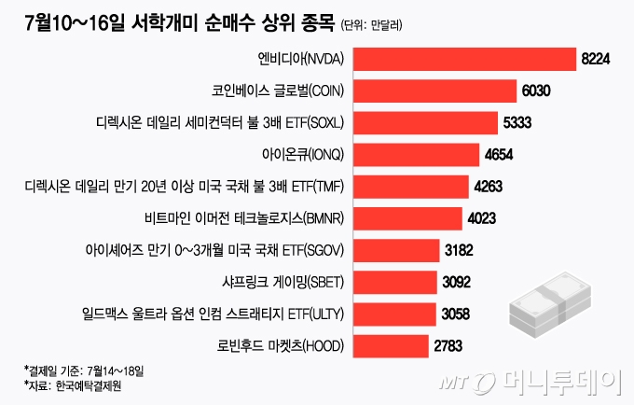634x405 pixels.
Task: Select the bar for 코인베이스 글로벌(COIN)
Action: (x=434, y=91)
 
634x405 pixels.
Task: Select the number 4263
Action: (x=489, y=187)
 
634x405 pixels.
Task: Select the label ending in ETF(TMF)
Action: (x=186, y=187)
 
